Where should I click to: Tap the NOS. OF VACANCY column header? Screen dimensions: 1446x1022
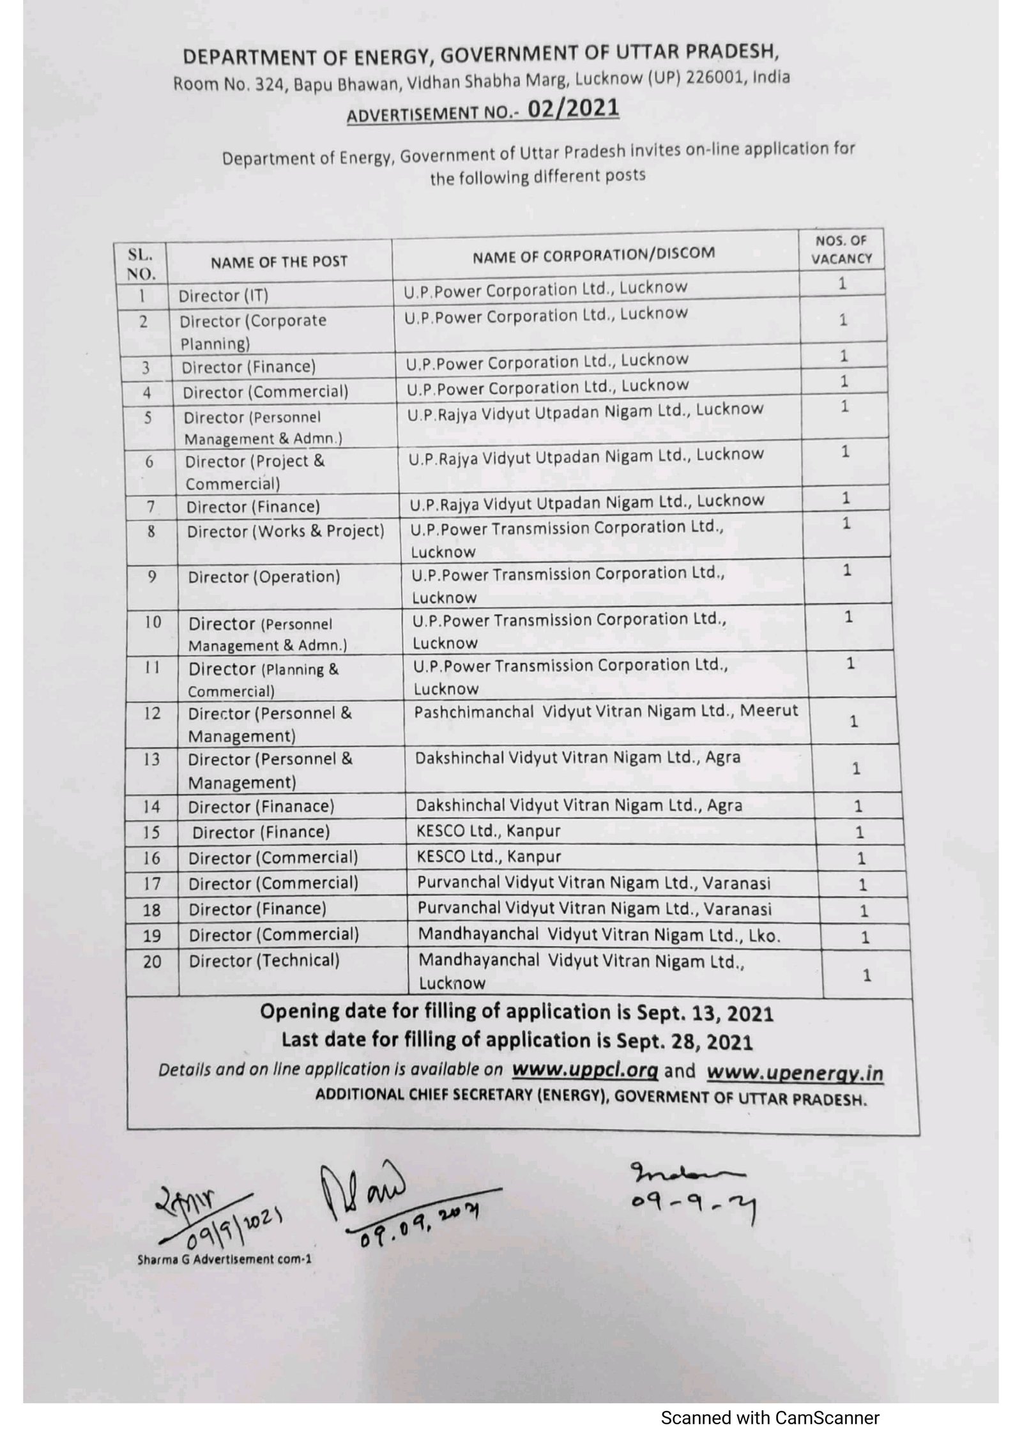(x=841, y=250)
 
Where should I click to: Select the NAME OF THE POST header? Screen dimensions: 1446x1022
(x=279, y=261)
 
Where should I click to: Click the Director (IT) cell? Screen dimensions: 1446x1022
(x=224, y=296)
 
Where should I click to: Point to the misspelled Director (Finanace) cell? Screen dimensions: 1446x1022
(x=261, y=807)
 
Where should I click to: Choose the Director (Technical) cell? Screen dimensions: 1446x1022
(x=264, y=961)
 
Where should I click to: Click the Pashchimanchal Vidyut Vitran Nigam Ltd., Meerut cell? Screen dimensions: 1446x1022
(x=606, y=712)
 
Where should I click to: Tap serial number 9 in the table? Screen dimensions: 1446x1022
(x=152, y=576)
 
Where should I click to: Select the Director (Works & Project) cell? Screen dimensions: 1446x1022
(x=286, y=531)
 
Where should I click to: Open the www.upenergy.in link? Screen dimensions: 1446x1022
(x=795, y=1073)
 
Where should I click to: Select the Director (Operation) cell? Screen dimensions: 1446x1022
(x=264, y=577)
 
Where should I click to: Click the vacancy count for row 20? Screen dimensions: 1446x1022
(x=866, y=975)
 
